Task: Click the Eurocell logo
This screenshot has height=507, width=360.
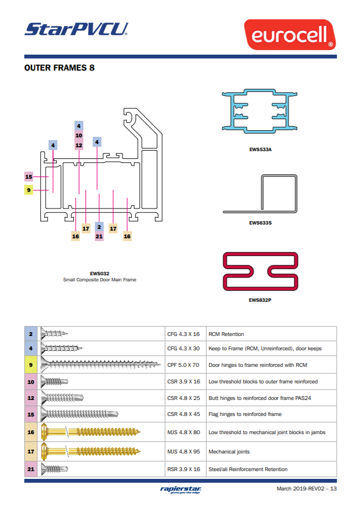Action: click(x=290, y=34)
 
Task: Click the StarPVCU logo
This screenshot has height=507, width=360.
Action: click(x=76, y=29)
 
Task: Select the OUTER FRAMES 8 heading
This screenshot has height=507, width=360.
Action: click(x=59, y=68)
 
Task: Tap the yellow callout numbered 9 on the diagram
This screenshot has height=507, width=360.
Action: click(x=29, y=190)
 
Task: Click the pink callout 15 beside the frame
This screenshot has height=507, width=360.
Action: click(x=29, y=177)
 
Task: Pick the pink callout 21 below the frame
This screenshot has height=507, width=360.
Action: click(x=99, y=236)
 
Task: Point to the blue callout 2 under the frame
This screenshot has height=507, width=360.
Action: click(x=99, y=227)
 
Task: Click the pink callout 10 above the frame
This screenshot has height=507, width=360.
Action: click(x=79, y=135)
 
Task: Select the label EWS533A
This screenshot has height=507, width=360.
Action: click(x=260, y=149)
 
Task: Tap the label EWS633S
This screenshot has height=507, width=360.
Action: click(x=260, y=223)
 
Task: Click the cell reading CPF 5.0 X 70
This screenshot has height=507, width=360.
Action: click(x=183, y=365)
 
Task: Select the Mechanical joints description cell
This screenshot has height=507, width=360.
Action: click(x=270, y=451)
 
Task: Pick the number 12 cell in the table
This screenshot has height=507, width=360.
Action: click(x=31, y=397)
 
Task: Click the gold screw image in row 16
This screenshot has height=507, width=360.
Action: click(x=91, y=433)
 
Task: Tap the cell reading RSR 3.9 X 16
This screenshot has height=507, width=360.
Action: click(x=183, y=469)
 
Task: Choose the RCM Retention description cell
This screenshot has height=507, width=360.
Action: click(x=270, y=334)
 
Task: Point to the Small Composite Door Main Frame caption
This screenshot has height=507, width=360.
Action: click(x=100, y=280)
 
